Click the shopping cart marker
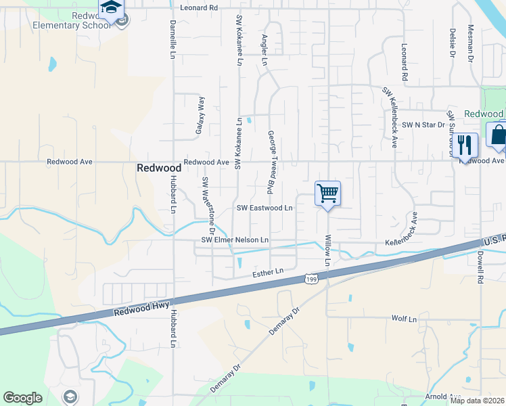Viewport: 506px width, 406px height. pyautogui.click(x=327, y=194)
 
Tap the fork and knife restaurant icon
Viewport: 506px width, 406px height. pyautogui.click(x=464, y=144)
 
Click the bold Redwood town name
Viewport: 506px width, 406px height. pyautogui.click(x=158, y=168)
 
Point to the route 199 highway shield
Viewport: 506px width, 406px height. pyautogui.click(x=310, y=278)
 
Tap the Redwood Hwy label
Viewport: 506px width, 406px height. pyautogui.click(x=141, y=308)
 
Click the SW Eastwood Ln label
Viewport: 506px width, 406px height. pyautogui.click(x=264, y=208)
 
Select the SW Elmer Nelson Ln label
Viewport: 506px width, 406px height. pyautogui.click(x=235, y=240)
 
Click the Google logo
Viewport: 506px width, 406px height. pyautogui.click(x=22, y=398)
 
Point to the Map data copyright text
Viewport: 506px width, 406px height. pyautogui.click(x=477, y=401)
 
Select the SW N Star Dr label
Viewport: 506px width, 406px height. pyautogui.click(x=423, y=125)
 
